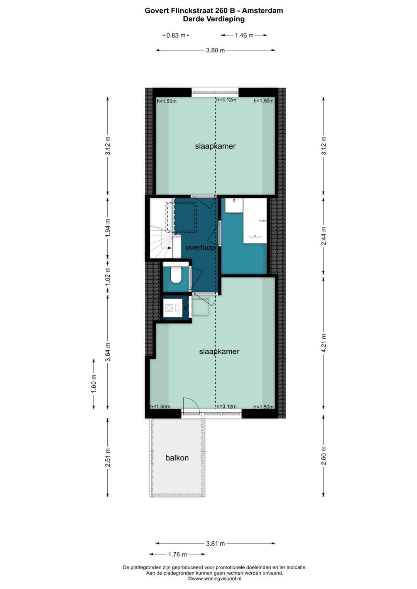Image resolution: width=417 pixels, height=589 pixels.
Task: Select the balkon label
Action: [177, 458]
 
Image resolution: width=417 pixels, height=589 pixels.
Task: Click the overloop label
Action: [200, 248]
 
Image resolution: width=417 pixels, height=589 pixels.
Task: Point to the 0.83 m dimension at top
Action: [176, 35]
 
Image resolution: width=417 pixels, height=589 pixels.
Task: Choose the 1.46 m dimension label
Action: [244, 35]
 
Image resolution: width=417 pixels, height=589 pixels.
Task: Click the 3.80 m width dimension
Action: [215, 50]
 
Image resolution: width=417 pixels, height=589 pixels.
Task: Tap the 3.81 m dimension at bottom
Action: [215, 543]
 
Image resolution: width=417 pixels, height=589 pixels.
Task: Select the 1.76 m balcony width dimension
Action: [177, 554]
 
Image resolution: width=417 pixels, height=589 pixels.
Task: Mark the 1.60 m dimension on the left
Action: [93, 384]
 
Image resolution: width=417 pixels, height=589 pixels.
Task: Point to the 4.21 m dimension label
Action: [324, 343]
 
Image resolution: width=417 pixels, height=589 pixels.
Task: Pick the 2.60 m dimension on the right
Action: [324, 456]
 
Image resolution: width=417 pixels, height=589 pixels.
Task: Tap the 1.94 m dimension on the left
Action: [108, 228]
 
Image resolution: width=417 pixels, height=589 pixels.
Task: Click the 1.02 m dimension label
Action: [108, 276]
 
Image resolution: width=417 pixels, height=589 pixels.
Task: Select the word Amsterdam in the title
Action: [263, 10]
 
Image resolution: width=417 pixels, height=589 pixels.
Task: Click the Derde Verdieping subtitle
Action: [214, 19]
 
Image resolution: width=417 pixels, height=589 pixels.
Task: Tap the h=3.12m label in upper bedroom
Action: [226, 100]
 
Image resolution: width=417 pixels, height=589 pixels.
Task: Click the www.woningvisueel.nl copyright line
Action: [215, 578]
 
